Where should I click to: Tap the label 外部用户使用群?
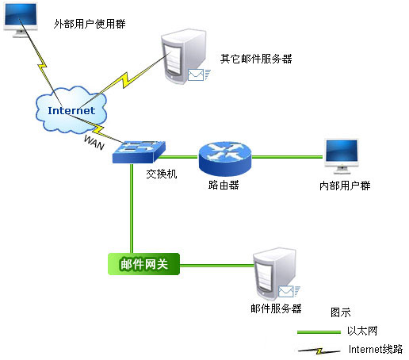(90, 24)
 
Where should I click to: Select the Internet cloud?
(71, 109)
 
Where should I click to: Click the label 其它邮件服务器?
(256, 59)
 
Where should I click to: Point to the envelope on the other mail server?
(196, 75)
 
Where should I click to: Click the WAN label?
(94, 142)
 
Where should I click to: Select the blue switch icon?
(139, 152)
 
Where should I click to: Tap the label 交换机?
(162, 174)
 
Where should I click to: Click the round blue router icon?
(225, 159)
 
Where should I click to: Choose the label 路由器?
(224, 185)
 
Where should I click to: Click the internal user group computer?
(342, 156)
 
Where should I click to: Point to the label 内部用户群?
(345, 186)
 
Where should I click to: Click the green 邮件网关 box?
(144, 264)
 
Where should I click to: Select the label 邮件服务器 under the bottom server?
(276, 308)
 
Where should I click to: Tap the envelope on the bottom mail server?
(286, 292)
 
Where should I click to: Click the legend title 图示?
(341, 312)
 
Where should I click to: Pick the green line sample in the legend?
(319, 332)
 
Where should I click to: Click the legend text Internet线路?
(376, 349)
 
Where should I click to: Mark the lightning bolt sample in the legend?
(319, 351)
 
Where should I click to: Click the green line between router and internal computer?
(287, 157)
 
